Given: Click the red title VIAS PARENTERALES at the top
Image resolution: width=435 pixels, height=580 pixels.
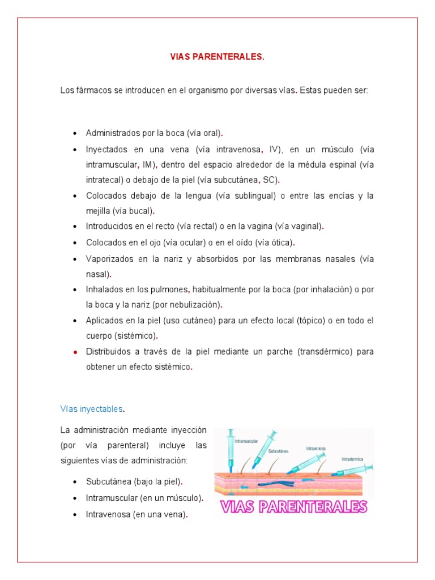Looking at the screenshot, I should point(217,57).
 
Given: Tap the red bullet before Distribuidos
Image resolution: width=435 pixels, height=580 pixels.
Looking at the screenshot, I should point(75,352).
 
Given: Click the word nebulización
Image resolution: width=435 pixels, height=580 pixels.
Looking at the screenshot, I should point(195,304).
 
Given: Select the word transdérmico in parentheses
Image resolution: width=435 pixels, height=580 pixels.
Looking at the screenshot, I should point(325,351).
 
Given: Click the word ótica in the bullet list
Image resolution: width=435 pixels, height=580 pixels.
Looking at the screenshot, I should point(282,242).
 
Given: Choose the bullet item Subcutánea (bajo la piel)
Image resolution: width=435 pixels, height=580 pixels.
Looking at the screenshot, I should point(134,482).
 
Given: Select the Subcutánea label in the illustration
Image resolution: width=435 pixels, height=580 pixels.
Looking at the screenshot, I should point(278,451).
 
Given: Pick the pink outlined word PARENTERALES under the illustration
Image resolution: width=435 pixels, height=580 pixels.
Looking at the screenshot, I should point(313,506).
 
